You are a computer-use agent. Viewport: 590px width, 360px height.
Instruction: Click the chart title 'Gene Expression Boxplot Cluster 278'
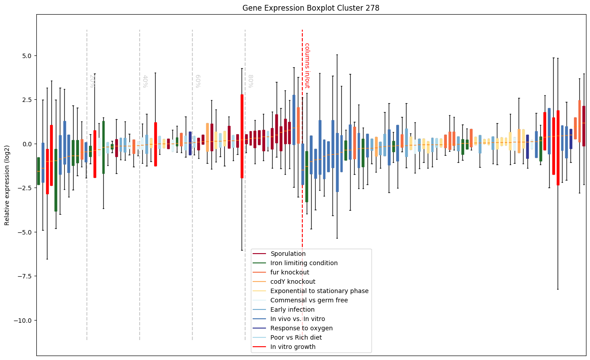click(x=311, y=8)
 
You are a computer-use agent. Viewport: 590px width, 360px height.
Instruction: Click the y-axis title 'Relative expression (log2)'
click(x=7, y=185)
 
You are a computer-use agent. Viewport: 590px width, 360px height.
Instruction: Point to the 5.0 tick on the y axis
click(x=24, y=56)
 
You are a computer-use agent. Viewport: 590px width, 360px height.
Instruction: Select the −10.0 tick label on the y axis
click(x=21, y=321)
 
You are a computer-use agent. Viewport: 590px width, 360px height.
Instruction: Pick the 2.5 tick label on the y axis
click(x=24, y=100)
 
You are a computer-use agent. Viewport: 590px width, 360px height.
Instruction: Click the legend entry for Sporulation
click(x=288, y=254)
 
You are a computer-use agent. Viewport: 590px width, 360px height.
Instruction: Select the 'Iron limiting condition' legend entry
click(x=304, y=263)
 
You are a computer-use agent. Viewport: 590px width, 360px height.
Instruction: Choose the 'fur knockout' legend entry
click(x=289, y=272)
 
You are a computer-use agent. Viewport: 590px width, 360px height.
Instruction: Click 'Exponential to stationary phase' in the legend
click(x=319, y=291)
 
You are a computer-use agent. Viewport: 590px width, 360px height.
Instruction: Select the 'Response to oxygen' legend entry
click(x=301, y=328)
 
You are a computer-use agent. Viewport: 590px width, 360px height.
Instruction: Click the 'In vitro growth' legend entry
click(x=293, y=347)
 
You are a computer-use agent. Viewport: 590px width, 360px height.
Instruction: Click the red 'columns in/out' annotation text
click(x=306, y=65)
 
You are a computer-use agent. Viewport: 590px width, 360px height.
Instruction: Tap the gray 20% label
click(x=92, y=81)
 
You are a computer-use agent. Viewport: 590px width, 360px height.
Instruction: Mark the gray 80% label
click(x=250, y=81)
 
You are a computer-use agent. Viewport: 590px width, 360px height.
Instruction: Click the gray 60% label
click(x=197, y=81)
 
